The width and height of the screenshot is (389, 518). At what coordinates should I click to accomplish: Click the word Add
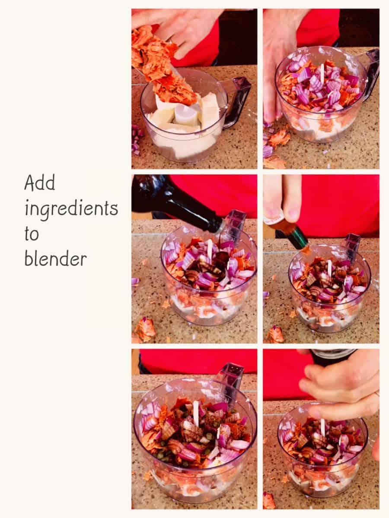pos(39,183)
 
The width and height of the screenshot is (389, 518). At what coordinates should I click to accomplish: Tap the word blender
pos(55,259)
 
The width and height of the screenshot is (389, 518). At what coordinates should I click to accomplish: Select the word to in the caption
pos(32,234)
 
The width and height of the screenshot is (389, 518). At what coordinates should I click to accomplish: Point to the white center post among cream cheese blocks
pos(185,114)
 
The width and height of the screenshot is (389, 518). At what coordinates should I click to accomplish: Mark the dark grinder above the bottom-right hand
pos(333,357)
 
